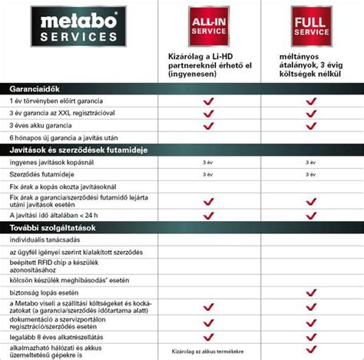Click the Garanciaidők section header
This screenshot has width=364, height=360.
tap(31, 88)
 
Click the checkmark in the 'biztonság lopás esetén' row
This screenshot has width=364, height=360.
tap(311, 293)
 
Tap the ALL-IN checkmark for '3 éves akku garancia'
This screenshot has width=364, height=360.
tap(207, 124)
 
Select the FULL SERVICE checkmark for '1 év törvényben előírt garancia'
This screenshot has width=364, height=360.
tap(311, 100)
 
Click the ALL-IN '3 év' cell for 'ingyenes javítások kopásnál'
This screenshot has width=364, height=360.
tap(207, 162)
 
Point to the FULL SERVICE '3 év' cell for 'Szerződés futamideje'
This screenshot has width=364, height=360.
tap(311, 174)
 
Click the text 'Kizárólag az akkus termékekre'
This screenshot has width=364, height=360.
tap(208, 352)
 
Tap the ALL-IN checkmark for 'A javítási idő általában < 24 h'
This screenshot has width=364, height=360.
tap(207, 216)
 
